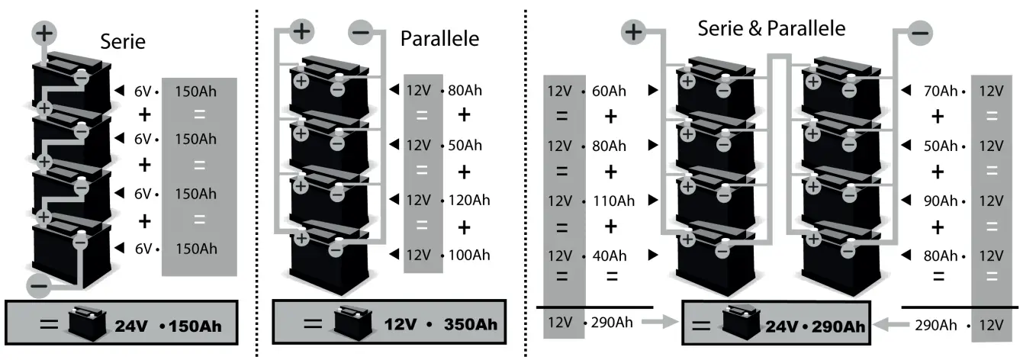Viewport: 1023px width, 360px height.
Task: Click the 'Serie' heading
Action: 123,43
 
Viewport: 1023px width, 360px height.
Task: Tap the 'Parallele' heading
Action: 440,38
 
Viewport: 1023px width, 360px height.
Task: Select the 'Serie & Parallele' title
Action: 771,28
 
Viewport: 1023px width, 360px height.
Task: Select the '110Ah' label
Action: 613,201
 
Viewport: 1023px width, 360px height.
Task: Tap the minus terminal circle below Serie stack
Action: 39,287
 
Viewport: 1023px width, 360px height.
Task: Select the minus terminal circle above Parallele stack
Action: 361,31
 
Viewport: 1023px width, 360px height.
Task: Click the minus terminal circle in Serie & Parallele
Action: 919,34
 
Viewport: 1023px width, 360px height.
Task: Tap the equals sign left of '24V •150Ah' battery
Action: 49,323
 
